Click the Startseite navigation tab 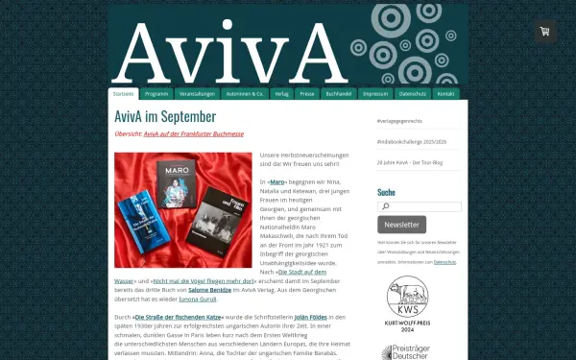pos(123,94)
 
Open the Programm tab pos(156,94)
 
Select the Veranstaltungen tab pos(196,94)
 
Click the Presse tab pos(307,94)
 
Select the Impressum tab pos(376,94)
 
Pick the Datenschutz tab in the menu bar pos(413,94)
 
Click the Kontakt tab pos(446,94)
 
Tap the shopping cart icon pos(545,32)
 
